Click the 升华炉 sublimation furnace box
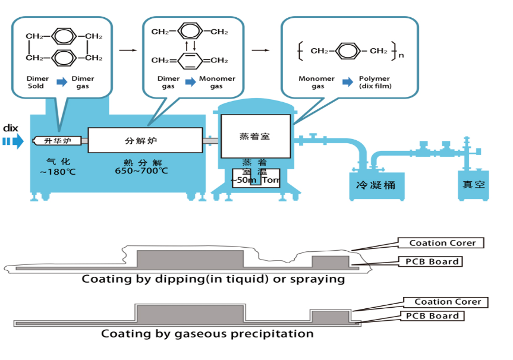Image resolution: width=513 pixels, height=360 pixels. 57,141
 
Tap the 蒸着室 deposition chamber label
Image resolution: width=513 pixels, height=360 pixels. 254,136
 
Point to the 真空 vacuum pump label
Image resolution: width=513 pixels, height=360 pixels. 474,185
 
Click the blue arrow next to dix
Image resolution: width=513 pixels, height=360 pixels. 12,141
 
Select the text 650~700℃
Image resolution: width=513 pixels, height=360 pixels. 141,171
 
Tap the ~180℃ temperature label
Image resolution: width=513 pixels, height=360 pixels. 58,172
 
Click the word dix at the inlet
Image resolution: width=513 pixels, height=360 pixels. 11,128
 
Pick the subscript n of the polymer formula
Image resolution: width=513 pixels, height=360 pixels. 401,56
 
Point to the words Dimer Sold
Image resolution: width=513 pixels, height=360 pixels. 36,83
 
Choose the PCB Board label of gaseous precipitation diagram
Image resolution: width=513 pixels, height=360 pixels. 432,315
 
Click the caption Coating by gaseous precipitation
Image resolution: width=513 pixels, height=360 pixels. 207,333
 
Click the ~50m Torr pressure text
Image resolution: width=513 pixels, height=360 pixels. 256,179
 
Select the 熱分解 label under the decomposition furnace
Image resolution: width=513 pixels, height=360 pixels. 141,161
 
